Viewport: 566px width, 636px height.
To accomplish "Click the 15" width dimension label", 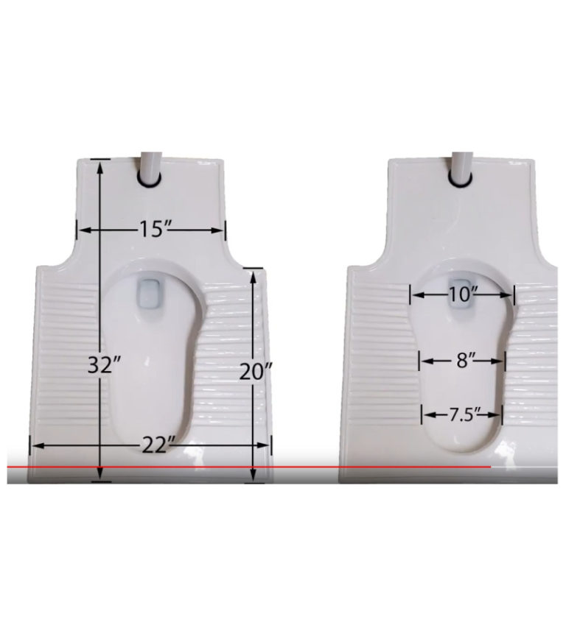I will (x=151, y=229).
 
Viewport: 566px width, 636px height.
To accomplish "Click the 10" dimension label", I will (x=463, y=294).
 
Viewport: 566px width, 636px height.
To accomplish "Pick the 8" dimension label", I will (x=462, y=360).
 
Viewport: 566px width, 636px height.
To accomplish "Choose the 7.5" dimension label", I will (x=463, y=414).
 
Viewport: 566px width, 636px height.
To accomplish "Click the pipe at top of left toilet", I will (x=149, y=169).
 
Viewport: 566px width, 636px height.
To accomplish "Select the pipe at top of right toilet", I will (x=461, y=169).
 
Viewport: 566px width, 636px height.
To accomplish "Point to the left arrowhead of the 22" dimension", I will (x=33, y=445).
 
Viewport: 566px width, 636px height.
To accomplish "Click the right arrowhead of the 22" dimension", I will (x=268, y=445).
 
